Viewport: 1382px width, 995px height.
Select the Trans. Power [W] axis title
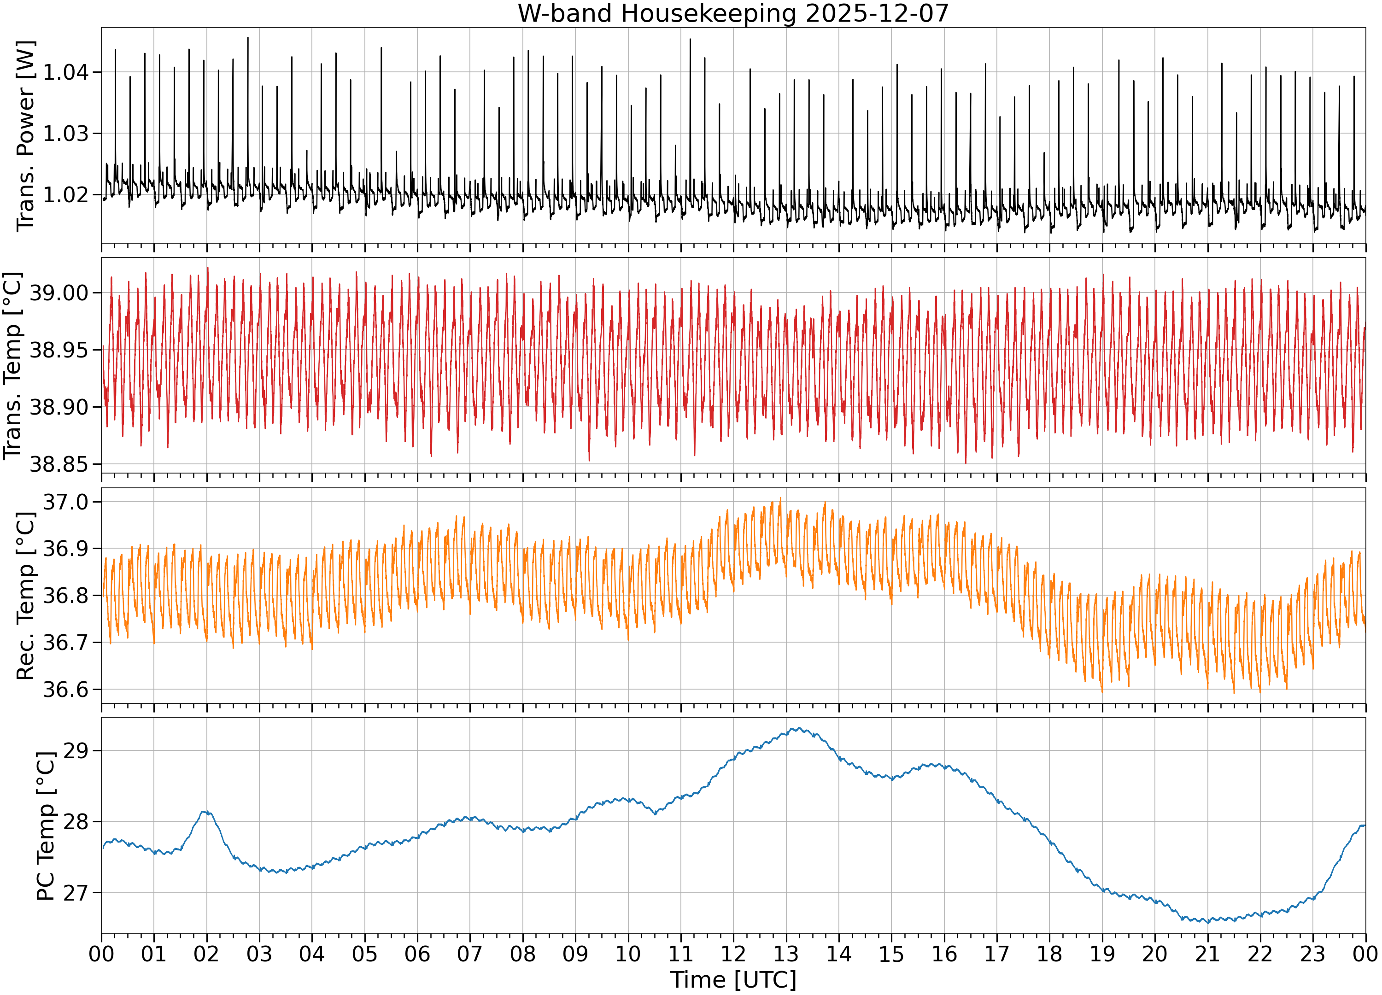26,136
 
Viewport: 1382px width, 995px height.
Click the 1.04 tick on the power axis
65,72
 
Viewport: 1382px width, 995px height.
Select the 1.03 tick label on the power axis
65,134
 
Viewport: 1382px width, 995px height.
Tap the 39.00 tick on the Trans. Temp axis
59,293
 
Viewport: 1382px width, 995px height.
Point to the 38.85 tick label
59,464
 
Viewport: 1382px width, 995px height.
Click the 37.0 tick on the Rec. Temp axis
65,502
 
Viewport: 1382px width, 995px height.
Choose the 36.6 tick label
65,690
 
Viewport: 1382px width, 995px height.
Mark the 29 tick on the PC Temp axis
76,751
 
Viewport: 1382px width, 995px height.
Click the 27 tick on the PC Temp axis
76,893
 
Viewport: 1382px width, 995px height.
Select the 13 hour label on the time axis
786,954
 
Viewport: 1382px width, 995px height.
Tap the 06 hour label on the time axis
417,954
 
